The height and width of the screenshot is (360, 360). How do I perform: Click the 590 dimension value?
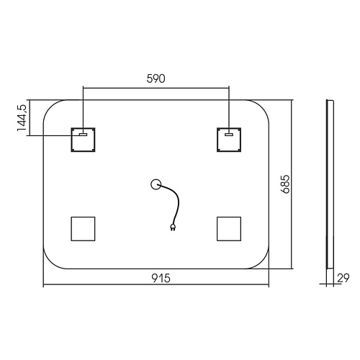coord(156,78)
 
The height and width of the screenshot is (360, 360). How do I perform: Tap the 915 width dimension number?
coord(161,278)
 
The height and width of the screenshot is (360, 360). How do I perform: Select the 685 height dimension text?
coord(286,184)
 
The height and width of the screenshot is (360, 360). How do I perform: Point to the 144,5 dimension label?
coord(22,118)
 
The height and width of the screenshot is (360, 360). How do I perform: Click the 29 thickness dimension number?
coord(343,278)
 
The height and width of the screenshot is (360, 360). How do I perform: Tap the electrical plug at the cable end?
coord(173,228)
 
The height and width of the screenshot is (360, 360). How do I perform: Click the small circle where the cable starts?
coord(156,184)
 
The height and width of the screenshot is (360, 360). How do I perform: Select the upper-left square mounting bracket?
coord(83,140)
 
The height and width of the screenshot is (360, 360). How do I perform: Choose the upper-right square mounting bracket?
coord(229,140)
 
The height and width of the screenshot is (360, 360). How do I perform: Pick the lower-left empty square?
coord(83,229)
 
